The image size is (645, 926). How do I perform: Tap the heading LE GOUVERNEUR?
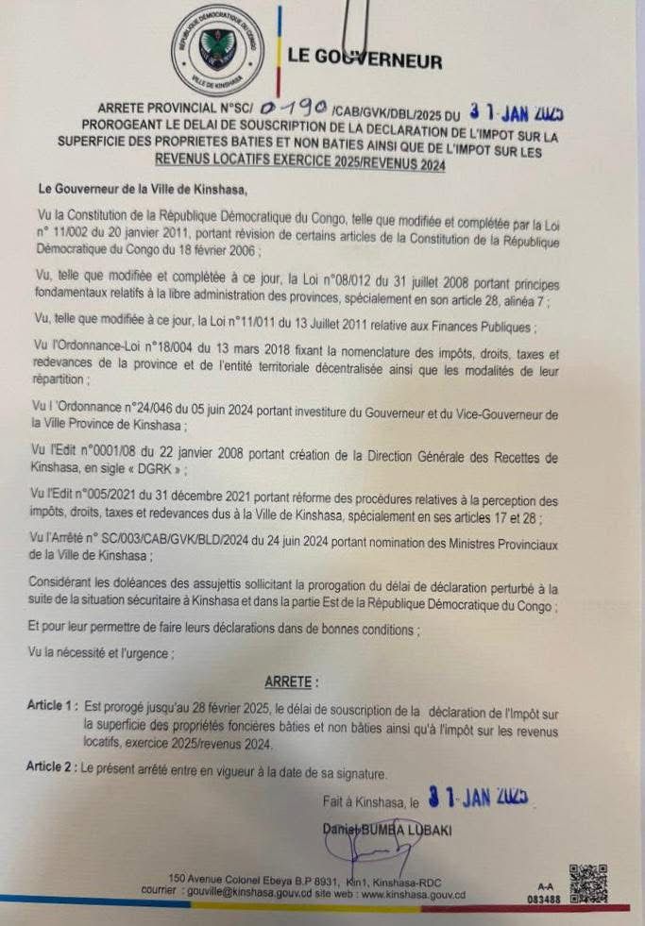[365, 59]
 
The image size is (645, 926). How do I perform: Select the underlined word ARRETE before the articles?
[291, 682]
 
